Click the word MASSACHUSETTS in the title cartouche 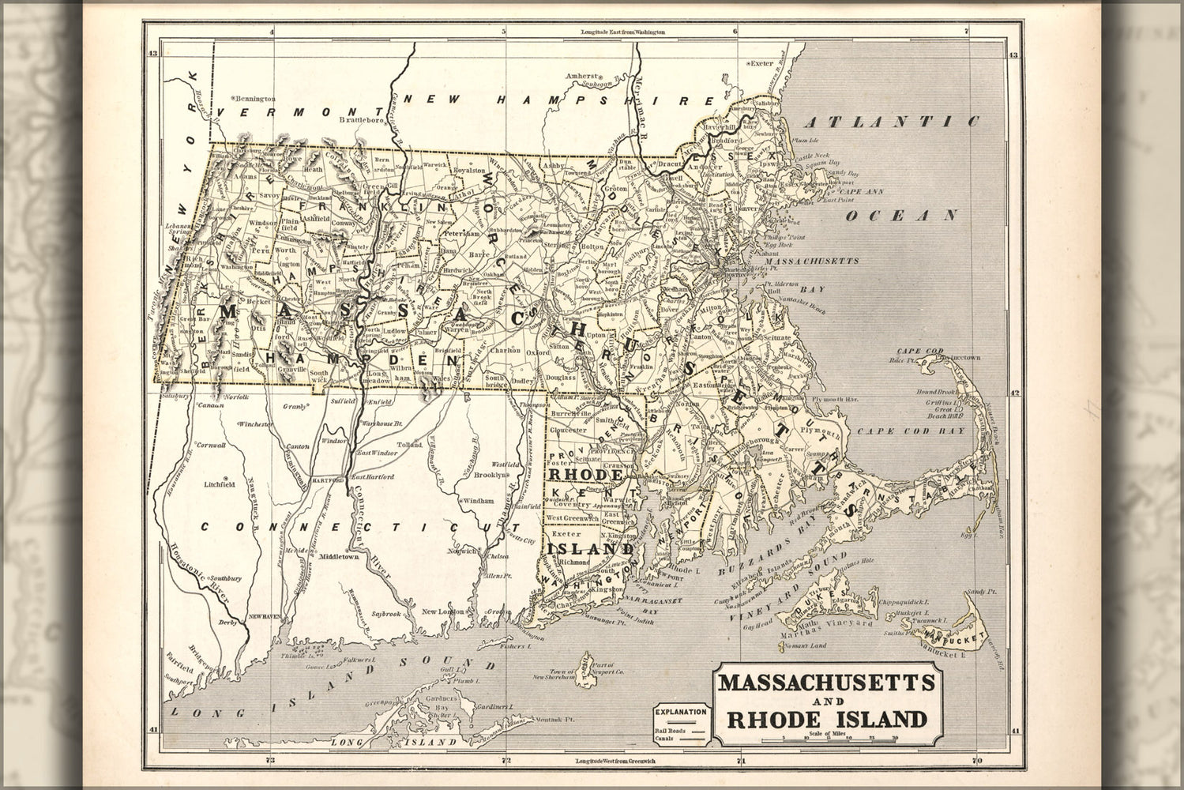[x=826, y=681]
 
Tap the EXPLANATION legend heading [x=680, y=711]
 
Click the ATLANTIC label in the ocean [x=893, y=122]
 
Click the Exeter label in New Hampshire [x=762, y=62]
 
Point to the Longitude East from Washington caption [x=623, y=32]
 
